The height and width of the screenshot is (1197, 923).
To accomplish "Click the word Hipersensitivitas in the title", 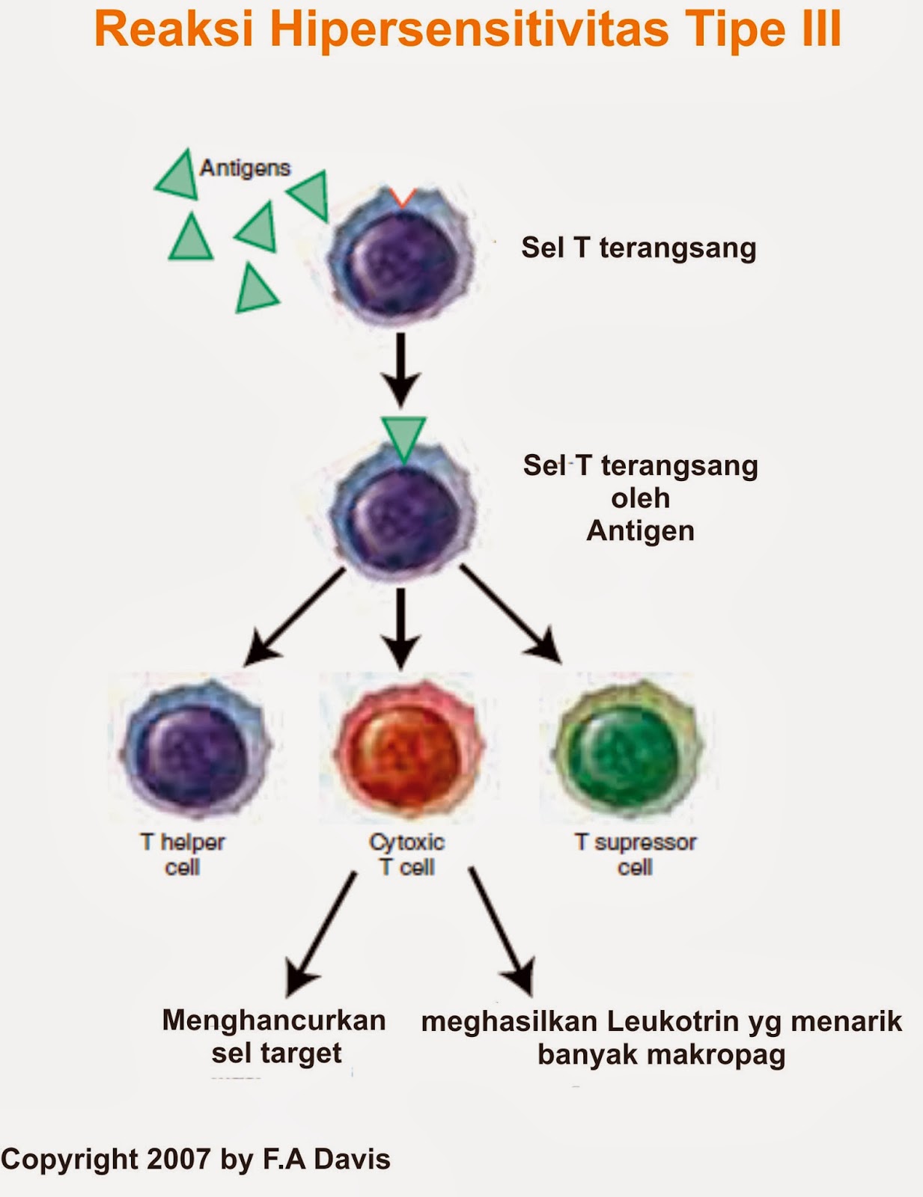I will [x=469, y=30].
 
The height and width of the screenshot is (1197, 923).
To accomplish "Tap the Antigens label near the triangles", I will [x=245, y=168].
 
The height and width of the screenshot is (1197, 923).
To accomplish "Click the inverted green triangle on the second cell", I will [x=403, y=438].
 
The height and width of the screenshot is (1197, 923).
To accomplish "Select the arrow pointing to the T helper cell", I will [x=295, y=616].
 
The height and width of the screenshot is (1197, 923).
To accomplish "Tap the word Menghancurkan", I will [x=274, y=1020].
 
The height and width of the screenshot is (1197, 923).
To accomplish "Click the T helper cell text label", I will [x=182, y=854].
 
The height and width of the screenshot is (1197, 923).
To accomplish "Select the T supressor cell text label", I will [x=635, y=854].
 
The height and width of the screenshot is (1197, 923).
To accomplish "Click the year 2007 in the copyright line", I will [x=179, y=1159].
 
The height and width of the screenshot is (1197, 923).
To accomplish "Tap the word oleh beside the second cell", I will [x=640, y=498].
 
